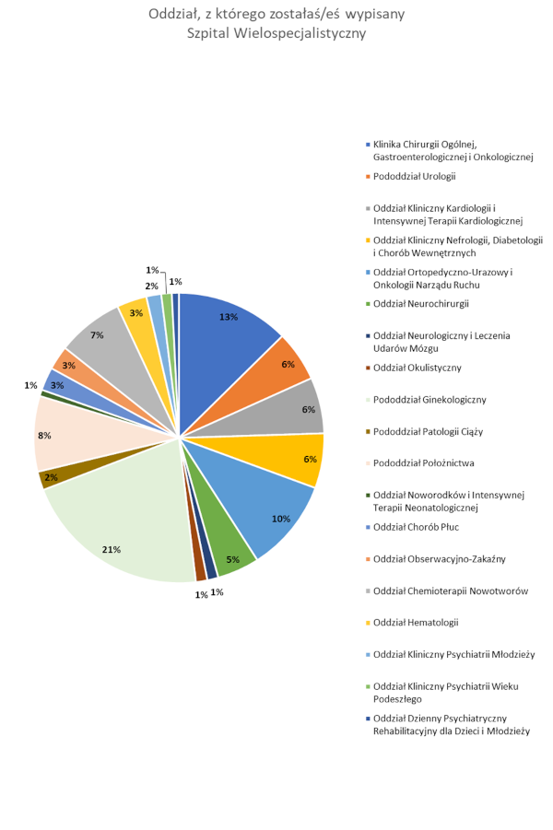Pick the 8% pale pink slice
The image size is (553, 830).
(65, 442)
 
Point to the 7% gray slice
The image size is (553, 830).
(101, 341)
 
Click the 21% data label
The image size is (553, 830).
(112, 550)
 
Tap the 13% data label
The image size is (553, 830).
(229, 317)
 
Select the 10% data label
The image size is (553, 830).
(281, 519)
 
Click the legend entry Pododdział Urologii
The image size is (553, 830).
(415, 176)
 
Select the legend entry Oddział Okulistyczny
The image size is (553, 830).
(417, 368)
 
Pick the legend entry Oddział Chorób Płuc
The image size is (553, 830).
(417, 527)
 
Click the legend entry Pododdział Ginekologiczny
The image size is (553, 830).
(429, 399)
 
